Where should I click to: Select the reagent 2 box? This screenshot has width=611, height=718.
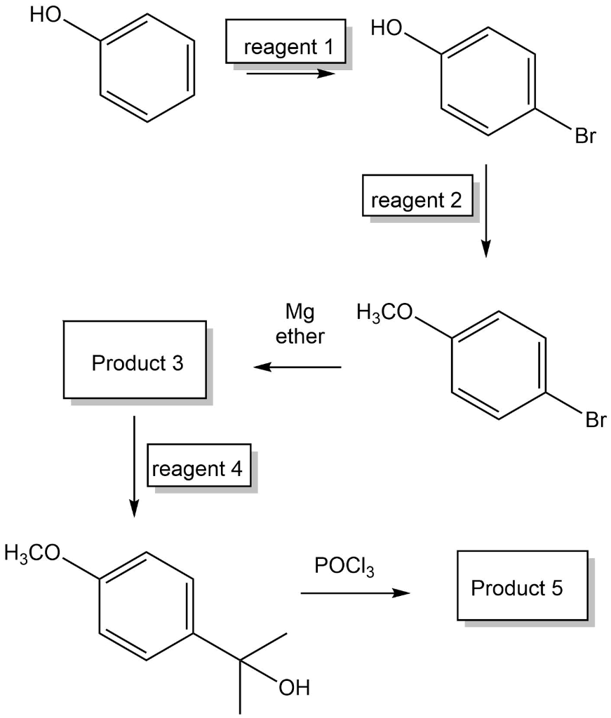pyautogui.click(x=417, y=201)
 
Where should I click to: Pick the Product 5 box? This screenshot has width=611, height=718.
pyautogui.click(x=517, y=587)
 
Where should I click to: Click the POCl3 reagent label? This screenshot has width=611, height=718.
pyautogui.click(x=344, y=567)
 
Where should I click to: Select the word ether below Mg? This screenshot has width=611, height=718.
pyautogui.click(x=300, y=336)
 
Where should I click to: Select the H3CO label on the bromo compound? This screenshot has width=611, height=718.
pyautogui.click(x=385, y=311)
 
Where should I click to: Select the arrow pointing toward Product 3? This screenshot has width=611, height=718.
pyautogui.click(x=297, y=367)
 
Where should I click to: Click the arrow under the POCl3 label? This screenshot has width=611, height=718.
pyautogui.click(x=354, y=593)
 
